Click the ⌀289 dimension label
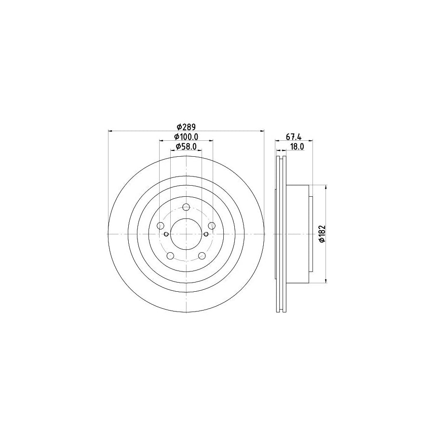(x=186, y=127)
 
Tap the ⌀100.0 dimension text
(x=186, y=137)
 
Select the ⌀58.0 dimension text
(x=186, y=147)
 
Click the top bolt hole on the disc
(x=186, y=207)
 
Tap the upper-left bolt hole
(x=161, y=226)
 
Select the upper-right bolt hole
(x=212, y=226)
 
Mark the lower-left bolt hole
(x=170, y=256)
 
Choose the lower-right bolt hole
(x=202, y=256)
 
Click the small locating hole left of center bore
(x=166, y=234)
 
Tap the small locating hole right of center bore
(x=206, y=234)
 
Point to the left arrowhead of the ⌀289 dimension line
(x=110, y=131)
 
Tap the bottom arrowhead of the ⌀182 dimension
(x=327, y=281)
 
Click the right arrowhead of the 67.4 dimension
(x=311, y=141)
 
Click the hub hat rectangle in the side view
(x=299, y=234)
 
